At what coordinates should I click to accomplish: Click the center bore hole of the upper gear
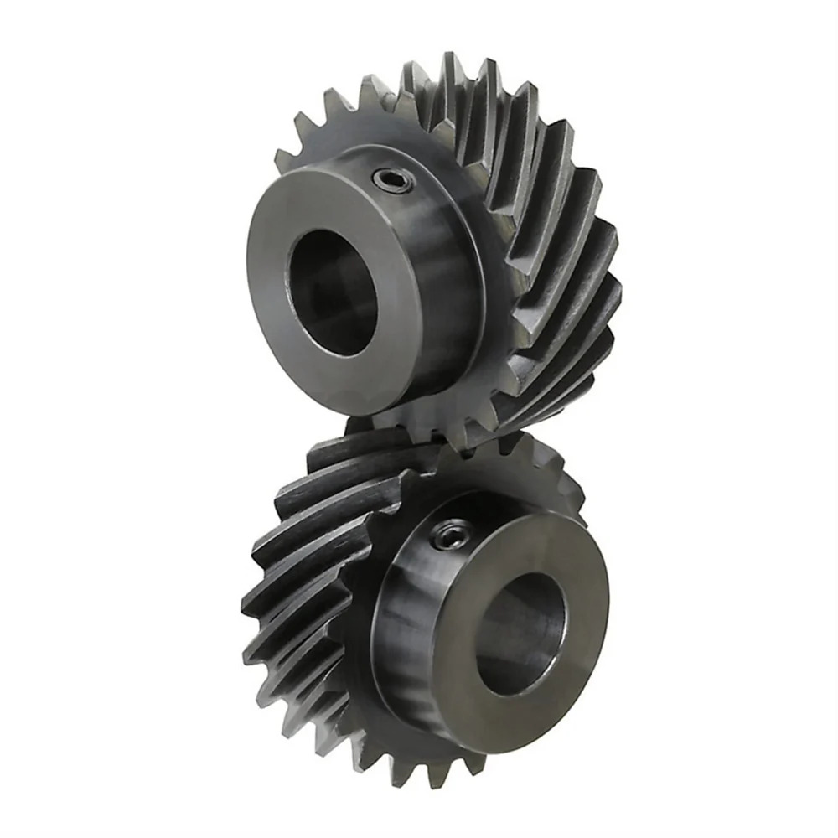331,282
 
